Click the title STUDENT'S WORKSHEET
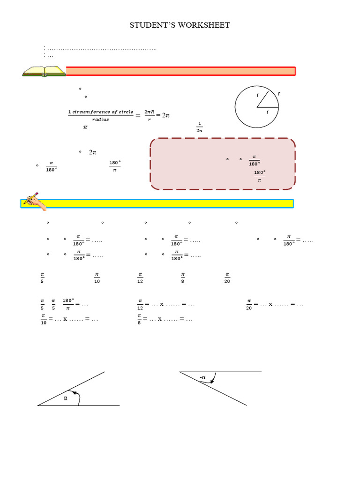(x=180, y=25)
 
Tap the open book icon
(x=44, y=71)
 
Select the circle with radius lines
(x=257, y=107)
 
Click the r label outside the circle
(x=279, y=94)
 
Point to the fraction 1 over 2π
(x=199, y=127)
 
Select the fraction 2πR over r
(x=150, y=115)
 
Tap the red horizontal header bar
(x=180, y=71)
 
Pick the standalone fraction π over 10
(x=97, y=278)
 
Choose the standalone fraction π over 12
(x=140, y=278)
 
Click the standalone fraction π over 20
(x=227, y=278)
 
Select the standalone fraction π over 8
(x=183, y=278)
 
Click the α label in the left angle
(x=66, y=398)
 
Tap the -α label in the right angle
(x=203, y=377)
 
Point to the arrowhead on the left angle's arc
(x=74, y=392)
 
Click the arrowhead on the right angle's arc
(x=212, y=382)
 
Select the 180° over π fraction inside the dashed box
(x=259, y=176)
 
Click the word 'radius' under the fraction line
(x=100, y=120)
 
